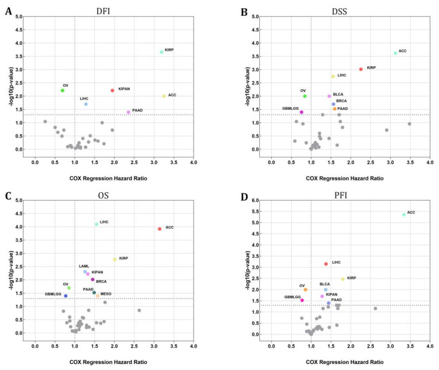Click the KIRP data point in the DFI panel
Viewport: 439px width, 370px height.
click(x=162, y=52)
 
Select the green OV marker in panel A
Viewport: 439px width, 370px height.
click(x=62, y=90)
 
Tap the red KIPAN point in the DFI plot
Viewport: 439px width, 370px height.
click(x=112, y=90)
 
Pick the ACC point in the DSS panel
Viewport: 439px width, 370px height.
click(x=395, y=53)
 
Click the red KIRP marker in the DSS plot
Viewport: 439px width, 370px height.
click(x=361, y=69)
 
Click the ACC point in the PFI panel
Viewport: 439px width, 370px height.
click(x=404, y=215)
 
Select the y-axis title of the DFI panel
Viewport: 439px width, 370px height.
click(x=9, y=82)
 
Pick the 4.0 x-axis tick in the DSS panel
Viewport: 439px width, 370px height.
click(x=429, y=162)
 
